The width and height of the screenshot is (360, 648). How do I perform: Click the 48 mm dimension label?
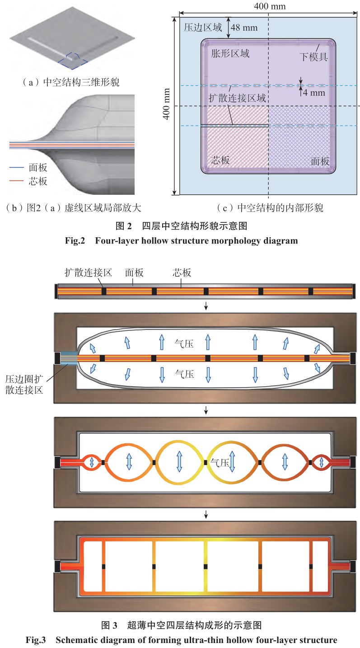244,28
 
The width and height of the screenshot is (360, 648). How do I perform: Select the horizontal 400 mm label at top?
270,6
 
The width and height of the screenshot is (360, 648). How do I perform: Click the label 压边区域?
203,28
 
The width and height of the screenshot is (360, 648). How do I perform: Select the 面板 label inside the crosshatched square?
319,161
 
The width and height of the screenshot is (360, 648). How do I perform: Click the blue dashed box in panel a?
70,58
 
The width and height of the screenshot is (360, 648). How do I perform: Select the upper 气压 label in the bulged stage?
184,344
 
